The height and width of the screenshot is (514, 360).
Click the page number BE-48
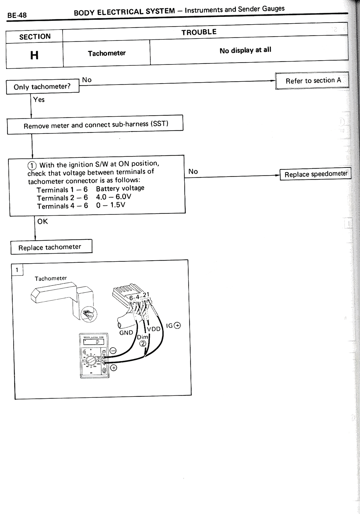click(17, 15)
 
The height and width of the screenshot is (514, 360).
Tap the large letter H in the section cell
click(34, 55)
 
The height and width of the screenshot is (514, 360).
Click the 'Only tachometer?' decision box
click(42, 87)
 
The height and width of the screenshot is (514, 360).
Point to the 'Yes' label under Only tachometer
click(39, 100)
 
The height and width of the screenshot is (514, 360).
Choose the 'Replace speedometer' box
click(315, 174)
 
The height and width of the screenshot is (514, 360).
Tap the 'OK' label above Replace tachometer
click(42, 222)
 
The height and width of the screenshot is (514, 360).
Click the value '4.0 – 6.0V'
click(114, 197)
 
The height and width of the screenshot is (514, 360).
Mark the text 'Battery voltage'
click(120, 188)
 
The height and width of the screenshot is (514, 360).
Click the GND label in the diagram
click(126, 333)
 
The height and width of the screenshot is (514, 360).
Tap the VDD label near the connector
click(154, 329)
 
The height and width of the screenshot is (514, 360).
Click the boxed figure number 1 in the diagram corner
click(17, 270)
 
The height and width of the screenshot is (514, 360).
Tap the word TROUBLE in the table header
click(199, 32)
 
